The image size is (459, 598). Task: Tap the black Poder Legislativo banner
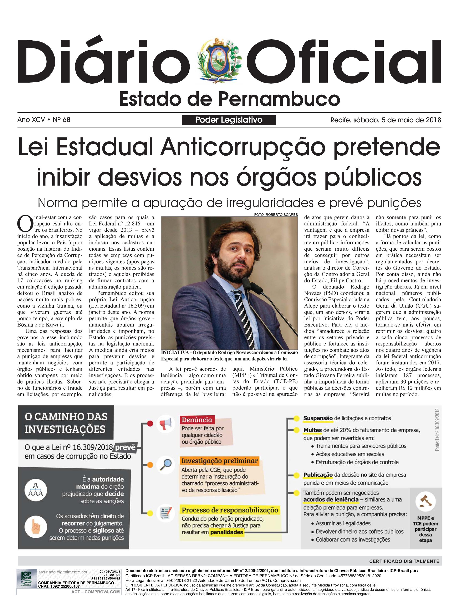[x=229, y=120]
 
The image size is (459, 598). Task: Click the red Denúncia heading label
[x=197, y=420]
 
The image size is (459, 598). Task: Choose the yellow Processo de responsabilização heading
[x=230, y=510]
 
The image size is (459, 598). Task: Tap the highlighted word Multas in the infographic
[x=313, y=430]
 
